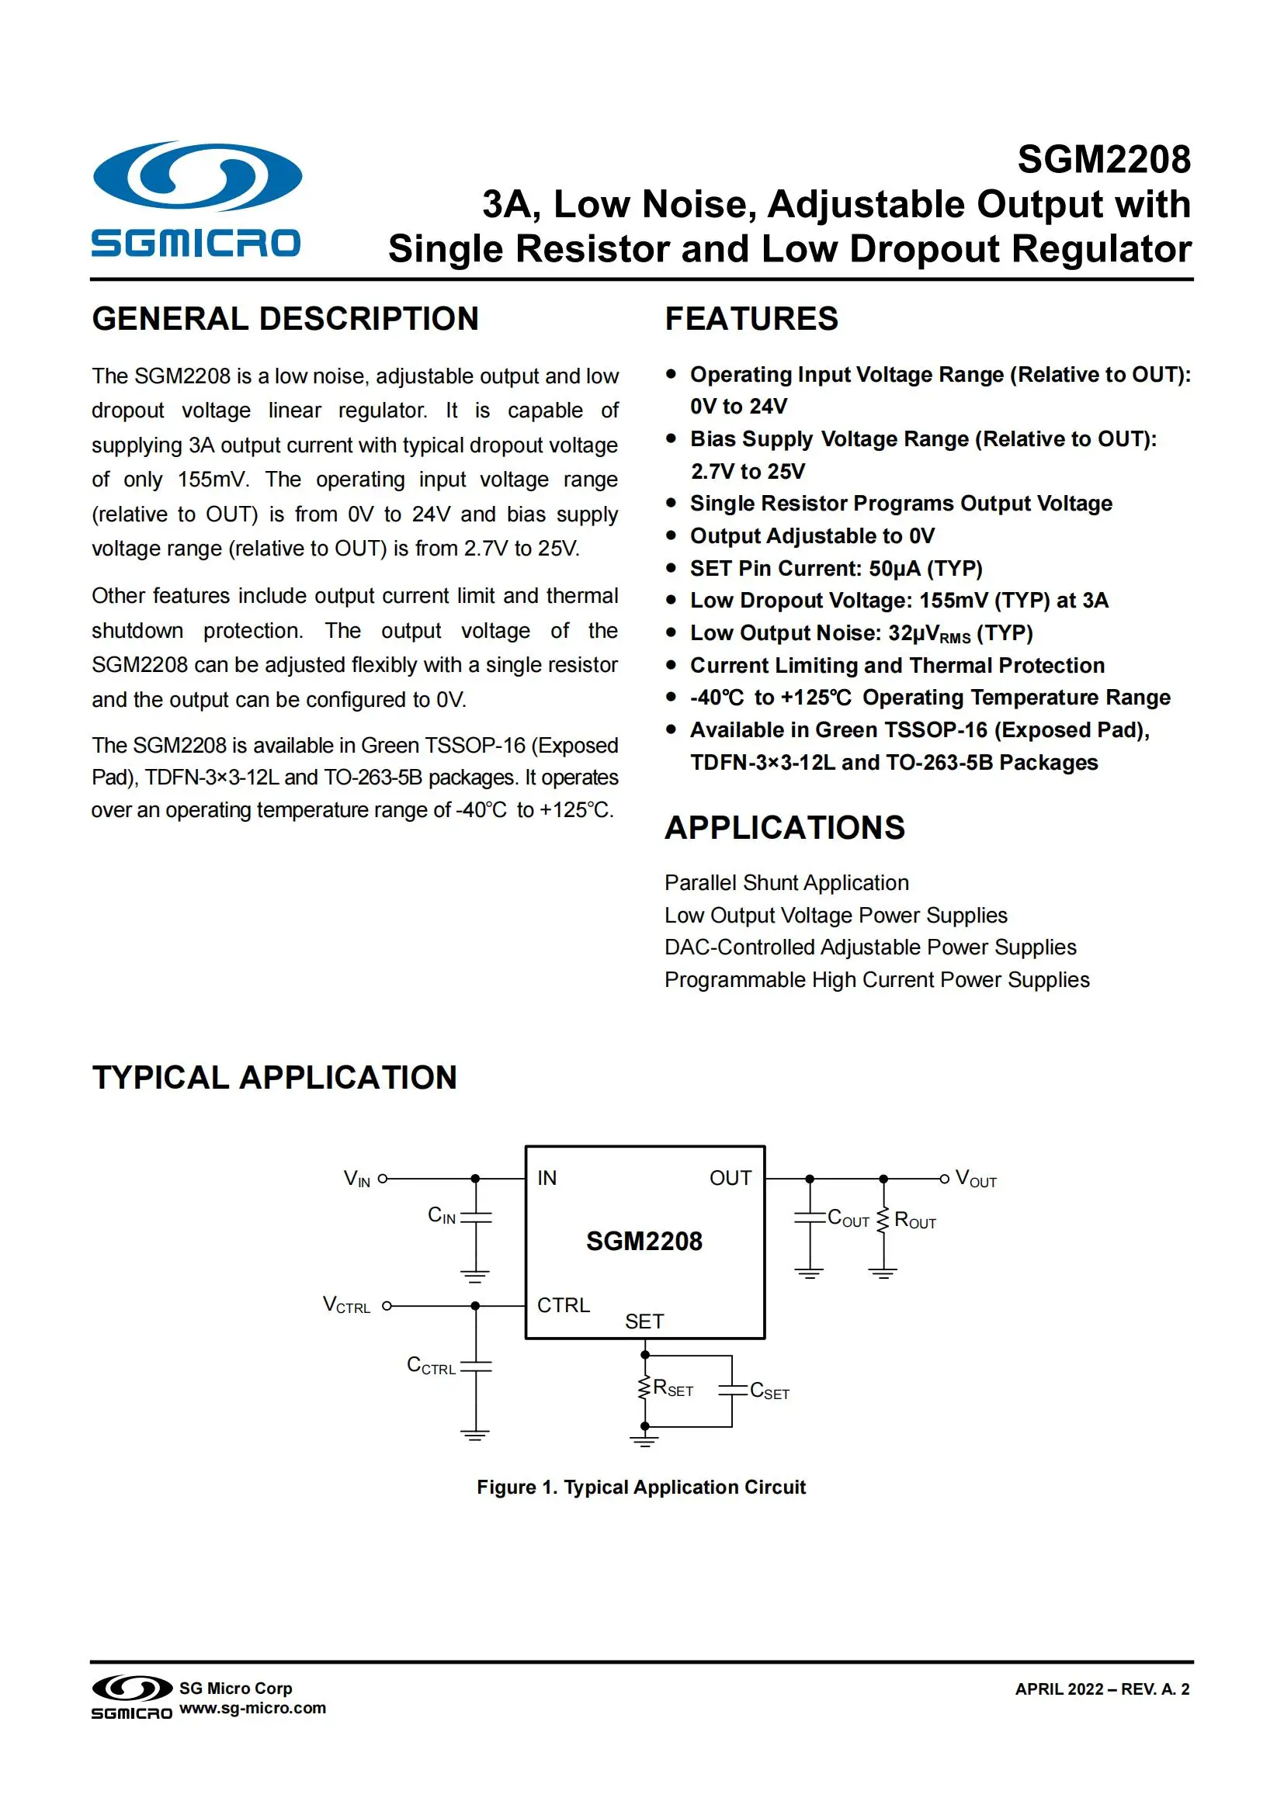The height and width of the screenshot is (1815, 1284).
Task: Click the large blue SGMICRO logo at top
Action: (x=196, y=199)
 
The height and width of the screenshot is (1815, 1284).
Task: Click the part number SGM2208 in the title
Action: (x=1103, y=160)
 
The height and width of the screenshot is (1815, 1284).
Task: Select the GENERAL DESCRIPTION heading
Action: (x=286, y=319)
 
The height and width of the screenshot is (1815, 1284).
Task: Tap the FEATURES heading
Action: (x=751, y=319)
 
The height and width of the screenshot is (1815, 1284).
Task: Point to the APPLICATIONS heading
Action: (x=784, y=828)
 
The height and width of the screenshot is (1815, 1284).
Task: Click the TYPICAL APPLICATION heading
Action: (x=274, y=1078)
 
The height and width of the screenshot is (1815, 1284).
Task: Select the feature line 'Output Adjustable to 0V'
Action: (x=812, y=536)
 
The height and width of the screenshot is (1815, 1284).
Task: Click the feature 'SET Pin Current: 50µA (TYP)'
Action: (x=836, y=568)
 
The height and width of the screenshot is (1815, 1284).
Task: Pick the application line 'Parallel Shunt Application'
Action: (x=786, y=882)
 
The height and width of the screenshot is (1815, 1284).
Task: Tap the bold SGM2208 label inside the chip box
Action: (x=644, y=1241)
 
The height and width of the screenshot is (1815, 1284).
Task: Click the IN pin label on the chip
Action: (x=547, y=1178)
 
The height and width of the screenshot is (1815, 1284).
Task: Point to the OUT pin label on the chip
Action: (x=730, y=1178)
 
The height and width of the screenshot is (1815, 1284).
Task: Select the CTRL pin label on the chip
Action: (x=563, y=1305)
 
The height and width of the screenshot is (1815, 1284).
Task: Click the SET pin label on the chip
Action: (x=644, y=1321)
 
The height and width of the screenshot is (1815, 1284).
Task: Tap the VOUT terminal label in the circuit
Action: (x=976, y=1179)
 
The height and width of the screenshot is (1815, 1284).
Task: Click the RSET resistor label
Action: (x=673, y=1388)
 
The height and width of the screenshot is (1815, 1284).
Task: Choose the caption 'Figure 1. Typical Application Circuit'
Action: (x=641, y=1487)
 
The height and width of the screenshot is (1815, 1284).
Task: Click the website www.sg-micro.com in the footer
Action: (x=252, y=1708)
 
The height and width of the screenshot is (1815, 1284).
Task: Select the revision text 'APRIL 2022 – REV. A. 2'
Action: (x=1102, y=1689)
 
